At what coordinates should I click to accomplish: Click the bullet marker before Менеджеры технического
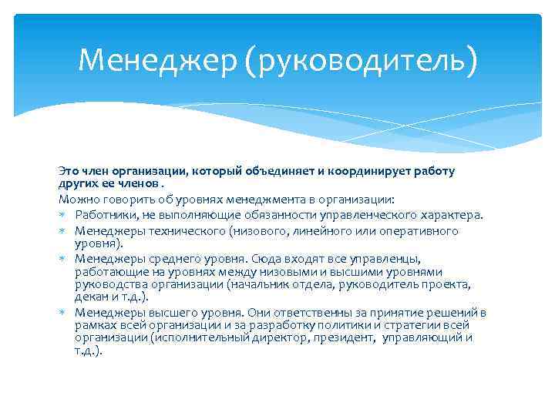click(61, 231)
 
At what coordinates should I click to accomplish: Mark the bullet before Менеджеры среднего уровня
click(61, 260)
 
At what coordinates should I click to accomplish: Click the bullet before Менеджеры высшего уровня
click(61, 312)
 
